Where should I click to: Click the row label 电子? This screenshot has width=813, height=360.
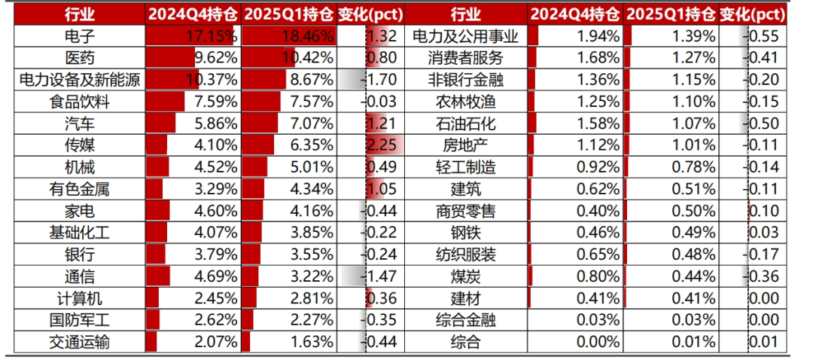click(x=80, y=36)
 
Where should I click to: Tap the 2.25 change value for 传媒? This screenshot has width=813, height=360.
click(x=382, y=146)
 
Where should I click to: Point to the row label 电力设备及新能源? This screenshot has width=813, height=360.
click(x=80, y=80)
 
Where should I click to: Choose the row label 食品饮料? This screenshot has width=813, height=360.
click(x=80, y=102)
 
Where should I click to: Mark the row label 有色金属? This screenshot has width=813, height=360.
click(x=80, y=189)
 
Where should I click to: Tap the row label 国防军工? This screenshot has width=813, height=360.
click(x=80, y=321)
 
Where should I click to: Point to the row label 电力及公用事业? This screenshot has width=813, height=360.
click(x=466, y=36)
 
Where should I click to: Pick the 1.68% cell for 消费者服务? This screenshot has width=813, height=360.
click(x=595, y=58)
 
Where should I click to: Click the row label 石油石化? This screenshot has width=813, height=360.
click(x=466, y=124)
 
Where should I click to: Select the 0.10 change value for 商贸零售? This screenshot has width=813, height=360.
click(x=764, y=211)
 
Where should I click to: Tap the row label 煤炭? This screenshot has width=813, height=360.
click(x=466, y=276)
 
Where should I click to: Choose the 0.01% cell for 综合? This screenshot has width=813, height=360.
click(x=693, y=343)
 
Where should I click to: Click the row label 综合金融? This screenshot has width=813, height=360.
click(x=466, y=321)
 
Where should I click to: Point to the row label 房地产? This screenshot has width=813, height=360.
click(x=466, y=146)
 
